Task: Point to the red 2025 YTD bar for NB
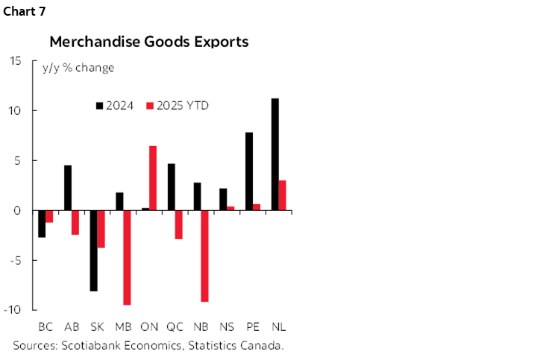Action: click(204, 256)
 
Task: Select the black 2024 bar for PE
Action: click(248, 171)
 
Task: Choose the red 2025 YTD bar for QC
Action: click(179, 224)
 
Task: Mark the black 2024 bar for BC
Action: click(42, 224)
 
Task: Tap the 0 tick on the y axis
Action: click(18, 210)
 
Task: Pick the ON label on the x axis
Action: click(149, 327)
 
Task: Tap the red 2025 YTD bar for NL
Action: click(282, 195)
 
